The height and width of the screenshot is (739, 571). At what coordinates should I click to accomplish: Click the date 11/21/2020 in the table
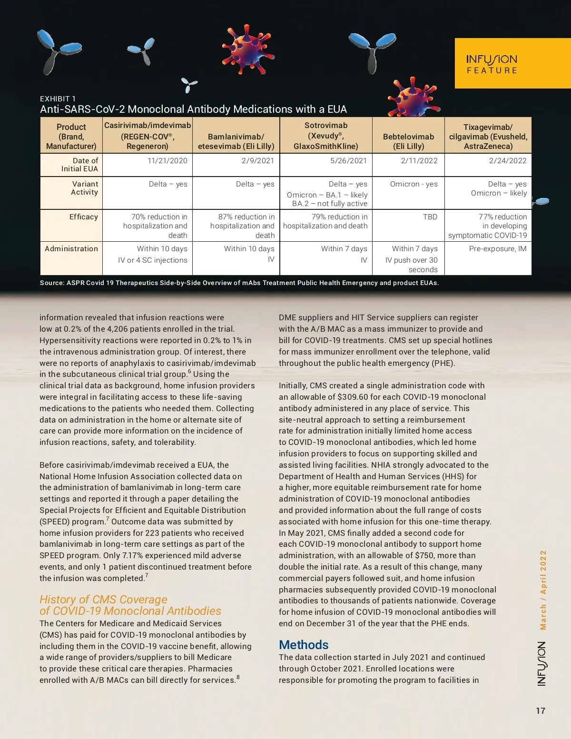pyautogui.click(x=167, y=161)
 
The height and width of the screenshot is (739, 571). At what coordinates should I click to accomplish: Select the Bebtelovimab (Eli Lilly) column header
pyautogui.click(x=408, y=141)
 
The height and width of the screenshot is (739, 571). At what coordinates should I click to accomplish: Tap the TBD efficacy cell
pyautogui.click(x=430, y=217)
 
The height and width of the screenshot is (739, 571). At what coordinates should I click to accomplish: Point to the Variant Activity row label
pyautogui.click(x=84, y=188)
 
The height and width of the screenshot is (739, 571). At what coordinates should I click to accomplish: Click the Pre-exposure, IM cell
pyautogui.click(x=497, y=249)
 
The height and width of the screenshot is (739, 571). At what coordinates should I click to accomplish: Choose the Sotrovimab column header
pyautogui.click(x=326, y=136)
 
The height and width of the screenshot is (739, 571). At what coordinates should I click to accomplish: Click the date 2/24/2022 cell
pyautogui.click(x=507, y=161)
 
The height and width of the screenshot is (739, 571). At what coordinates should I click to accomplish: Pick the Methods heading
pyautogui.click(x=304, y=645)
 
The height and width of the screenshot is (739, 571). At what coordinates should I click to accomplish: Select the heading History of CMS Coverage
pyautogui.click(x=103, y=600)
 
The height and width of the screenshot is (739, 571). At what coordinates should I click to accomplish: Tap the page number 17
pyautogui.click(x=541, y=710)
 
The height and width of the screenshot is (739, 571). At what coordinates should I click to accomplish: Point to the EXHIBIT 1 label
pyautogui.click(x=58, y=99)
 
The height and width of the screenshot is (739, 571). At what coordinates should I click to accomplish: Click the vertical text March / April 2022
pyautogui.click(x=543, y=590)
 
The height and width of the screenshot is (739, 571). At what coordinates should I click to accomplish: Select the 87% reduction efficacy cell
pyautogui.click(x=242, y=226)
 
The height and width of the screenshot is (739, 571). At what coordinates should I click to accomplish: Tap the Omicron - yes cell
pyautogui.click(x=413, y=184)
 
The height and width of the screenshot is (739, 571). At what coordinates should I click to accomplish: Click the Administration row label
pyautogui.click(x=71, y=249)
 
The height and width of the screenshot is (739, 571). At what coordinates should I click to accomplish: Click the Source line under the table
pyautogui.click(x=239, y=283)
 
